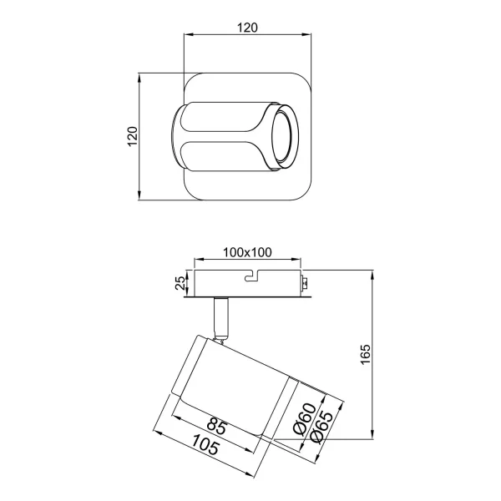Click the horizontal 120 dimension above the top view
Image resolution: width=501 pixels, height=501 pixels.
246,27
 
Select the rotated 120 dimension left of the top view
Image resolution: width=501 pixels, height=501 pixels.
131,137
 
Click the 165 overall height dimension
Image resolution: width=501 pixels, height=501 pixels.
365,354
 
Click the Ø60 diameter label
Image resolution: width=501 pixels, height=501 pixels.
306,418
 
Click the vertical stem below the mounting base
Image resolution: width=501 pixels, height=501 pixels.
221,316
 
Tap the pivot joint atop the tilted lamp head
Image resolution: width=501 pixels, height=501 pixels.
220,337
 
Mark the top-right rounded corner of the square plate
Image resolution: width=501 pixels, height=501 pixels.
304,83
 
